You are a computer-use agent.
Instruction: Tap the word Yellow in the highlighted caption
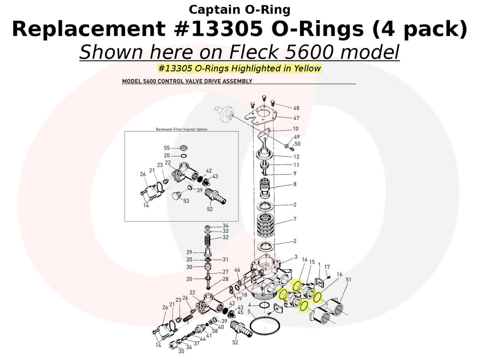pos(307,68)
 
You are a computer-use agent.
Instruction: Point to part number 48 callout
pos(296,108)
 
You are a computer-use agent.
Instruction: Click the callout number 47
pos(296,118)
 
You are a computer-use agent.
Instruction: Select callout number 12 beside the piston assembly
pos(296,157)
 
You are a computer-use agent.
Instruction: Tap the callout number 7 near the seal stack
pos(295,219)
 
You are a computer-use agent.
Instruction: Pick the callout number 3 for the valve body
pos(296,256)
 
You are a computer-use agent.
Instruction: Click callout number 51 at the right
pos(348,280)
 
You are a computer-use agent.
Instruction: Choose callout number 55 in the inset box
pos(167,148)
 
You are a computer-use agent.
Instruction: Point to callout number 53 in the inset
pos(186,201)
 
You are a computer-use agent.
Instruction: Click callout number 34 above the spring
pos(225,225)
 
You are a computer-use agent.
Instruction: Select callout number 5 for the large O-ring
pos(249,311)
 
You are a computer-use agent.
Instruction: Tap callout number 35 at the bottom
pos(181,351)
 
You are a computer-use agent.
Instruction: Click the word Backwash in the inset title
pos(165,129)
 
